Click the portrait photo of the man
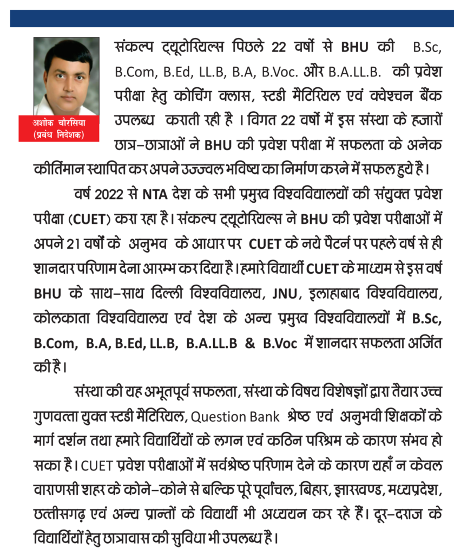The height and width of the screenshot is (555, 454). tap(67, 75)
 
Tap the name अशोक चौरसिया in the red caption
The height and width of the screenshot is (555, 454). tap(67, 124)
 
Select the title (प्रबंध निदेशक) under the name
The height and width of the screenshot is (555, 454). tap(67, 134)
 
